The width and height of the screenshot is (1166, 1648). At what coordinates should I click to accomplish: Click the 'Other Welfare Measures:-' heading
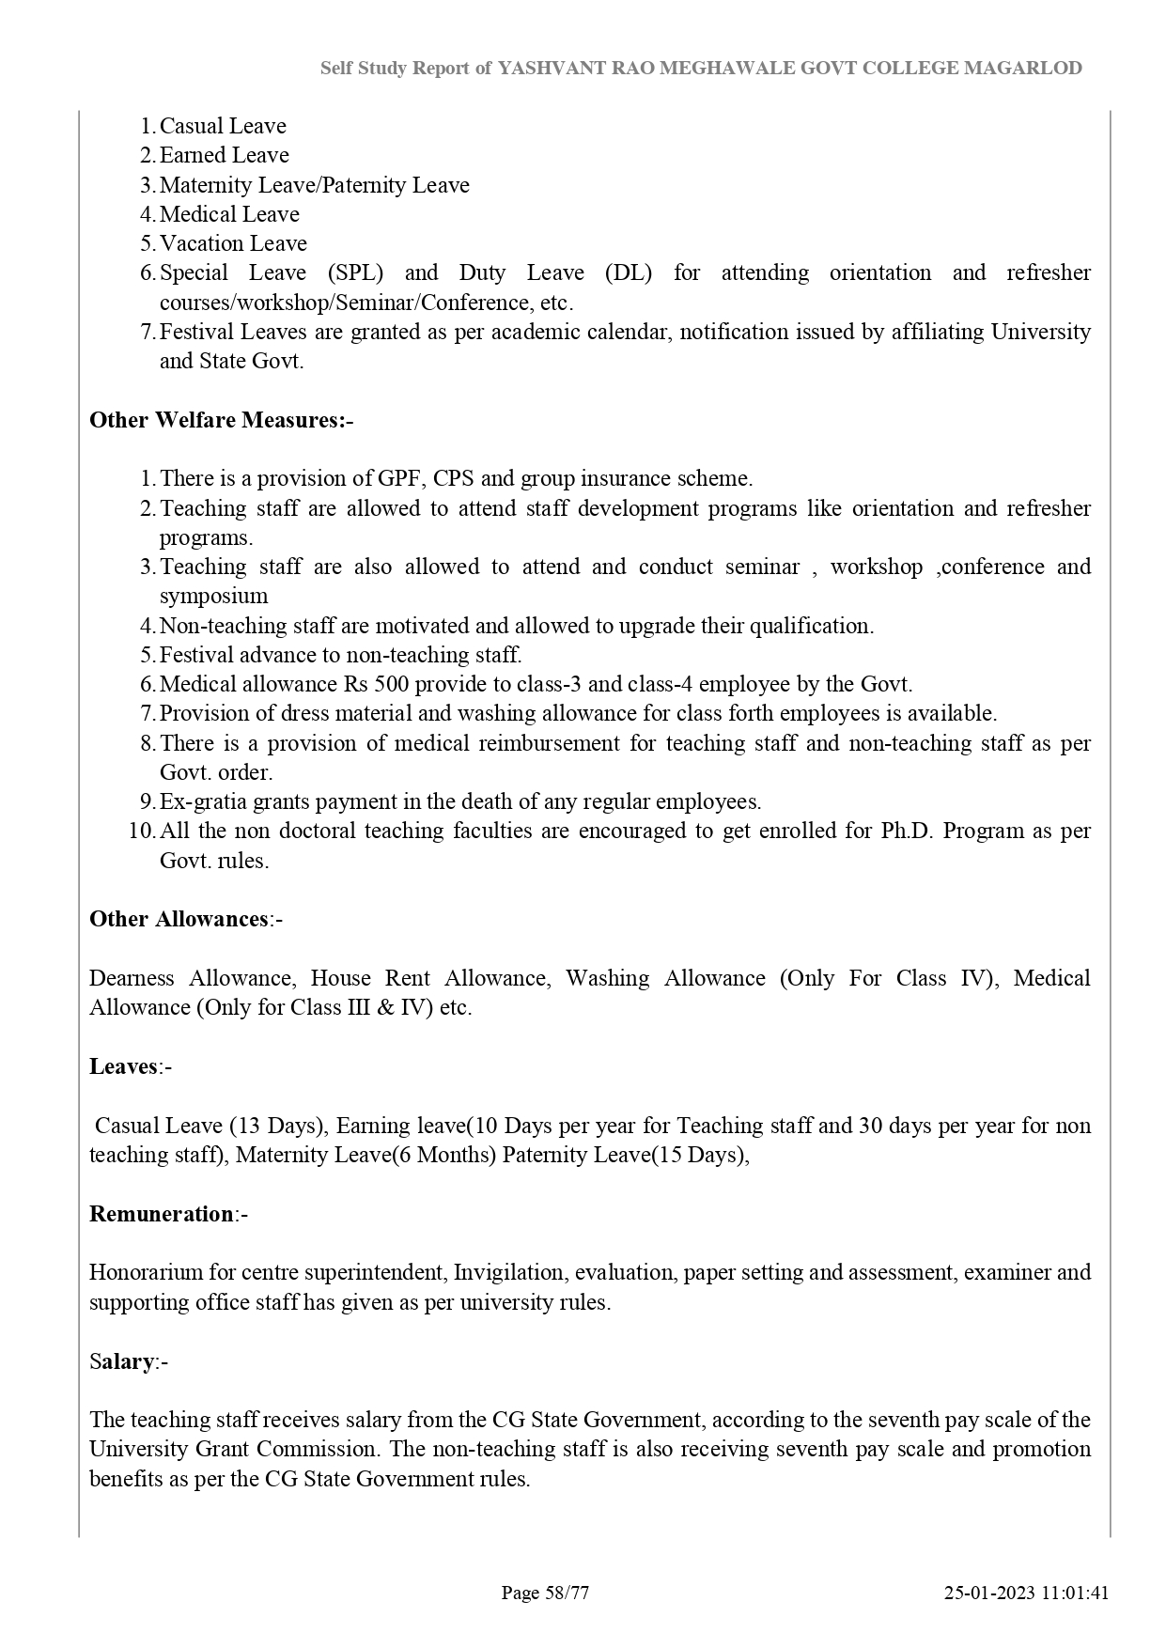[x=221, y=420]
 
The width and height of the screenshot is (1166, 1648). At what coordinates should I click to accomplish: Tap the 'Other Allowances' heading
[x=179, y=919]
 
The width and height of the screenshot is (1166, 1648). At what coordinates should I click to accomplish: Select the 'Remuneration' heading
[x=161, y=1214]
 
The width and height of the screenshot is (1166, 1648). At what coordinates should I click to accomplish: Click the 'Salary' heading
[x=122, y=1361]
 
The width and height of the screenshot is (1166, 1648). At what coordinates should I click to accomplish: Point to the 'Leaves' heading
[x=123, y=1066]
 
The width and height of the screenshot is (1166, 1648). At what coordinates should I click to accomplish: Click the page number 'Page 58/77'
[x=545, y=1593]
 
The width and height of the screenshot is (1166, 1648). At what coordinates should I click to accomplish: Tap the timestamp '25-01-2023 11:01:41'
[x=1027, y=1593]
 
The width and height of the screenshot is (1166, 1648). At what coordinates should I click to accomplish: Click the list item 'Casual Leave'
[x=223, y=126]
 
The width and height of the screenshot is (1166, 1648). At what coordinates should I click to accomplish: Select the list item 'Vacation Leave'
[x=233, y=243]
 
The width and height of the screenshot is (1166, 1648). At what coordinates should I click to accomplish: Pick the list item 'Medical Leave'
[x=229, y=214]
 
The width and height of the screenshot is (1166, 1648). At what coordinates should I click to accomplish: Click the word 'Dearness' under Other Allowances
[x=132, y=978]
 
